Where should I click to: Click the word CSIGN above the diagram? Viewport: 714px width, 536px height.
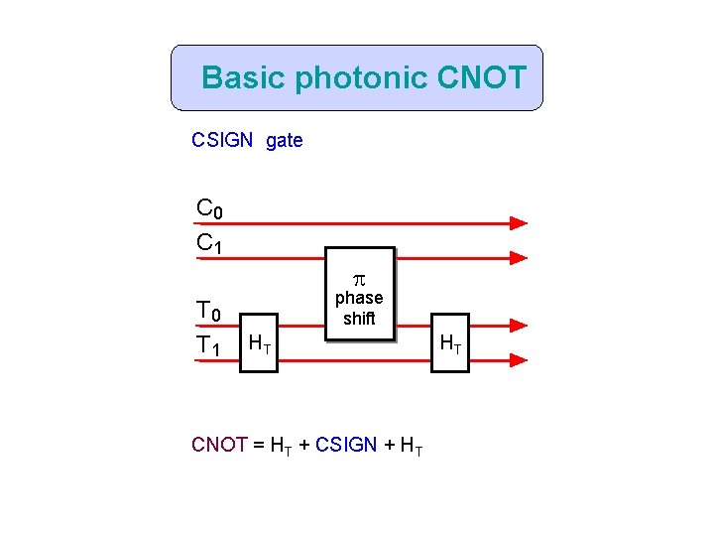click(x=222, y=141)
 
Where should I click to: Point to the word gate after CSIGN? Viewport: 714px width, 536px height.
click(x=285, y=141)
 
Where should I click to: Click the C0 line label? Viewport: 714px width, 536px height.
click(x=209, y=209)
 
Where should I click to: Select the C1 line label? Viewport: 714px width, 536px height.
click(x=209, y=242)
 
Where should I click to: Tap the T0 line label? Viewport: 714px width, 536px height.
click(x=209, y=313)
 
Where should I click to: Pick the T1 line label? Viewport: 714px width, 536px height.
click(x=209, y=345)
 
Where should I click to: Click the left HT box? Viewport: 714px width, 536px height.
click(x=260, y=343)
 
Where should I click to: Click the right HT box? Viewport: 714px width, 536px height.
click(x=448, y=343)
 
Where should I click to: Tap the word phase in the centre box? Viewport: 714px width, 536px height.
click(x=359, y=298)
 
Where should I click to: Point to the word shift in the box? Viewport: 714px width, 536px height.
click(x=359, y=319)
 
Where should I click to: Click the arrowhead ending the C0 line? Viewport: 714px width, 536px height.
click(x=518, y=223)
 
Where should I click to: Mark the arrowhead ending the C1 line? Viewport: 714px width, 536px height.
click(x=518, y=257)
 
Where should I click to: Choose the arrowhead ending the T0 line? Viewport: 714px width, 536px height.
click(x=518, y=326)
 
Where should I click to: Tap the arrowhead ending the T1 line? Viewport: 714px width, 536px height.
click(x=518, y=360)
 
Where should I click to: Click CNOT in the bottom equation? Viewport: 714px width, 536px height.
click(x=218, y=445)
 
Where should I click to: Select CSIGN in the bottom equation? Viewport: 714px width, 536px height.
click(x=346, y=445)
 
